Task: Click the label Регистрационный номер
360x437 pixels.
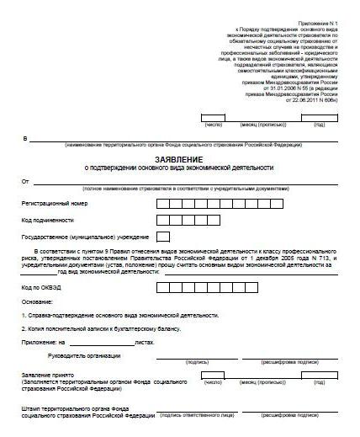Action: [58, 203]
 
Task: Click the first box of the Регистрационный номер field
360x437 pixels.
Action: [163, 203]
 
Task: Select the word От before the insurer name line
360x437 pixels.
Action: [25, 181]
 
